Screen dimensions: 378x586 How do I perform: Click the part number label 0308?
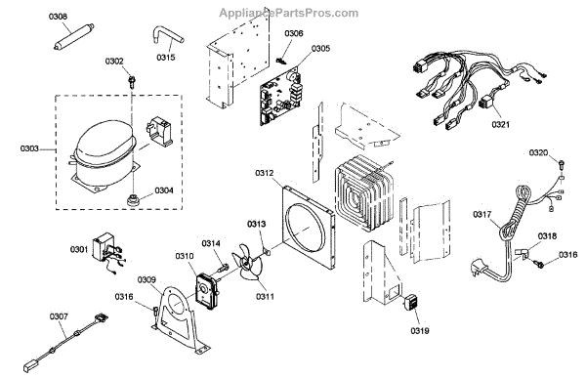pos(60,17)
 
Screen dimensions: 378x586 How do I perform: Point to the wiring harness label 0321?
pos(500,125)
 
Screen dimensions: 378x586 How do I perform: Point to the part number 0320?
pos(539,152)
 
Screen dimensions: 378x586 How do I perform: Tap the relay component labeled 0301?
pos(103,250)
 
